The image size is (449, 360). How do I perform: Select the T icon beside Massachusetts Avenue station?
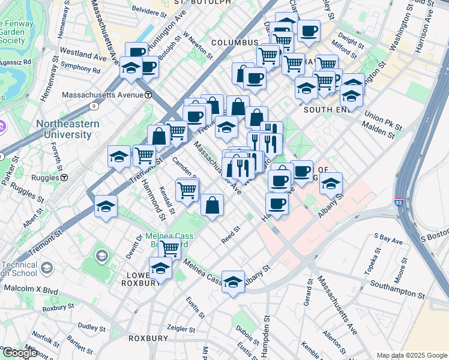click(148, 95)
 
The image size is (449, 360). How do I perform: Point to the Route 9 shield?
click(94, 106)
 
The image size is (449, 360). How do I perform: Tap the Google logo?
click(19, 353)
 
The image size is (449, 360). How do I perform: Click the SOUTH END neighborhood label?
click(327, 110)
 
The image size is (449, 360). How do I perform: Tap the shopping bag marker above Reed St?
click(212, 205)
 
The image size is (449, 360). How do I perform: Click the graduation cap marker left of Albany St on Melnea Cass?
click(233, 282)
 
